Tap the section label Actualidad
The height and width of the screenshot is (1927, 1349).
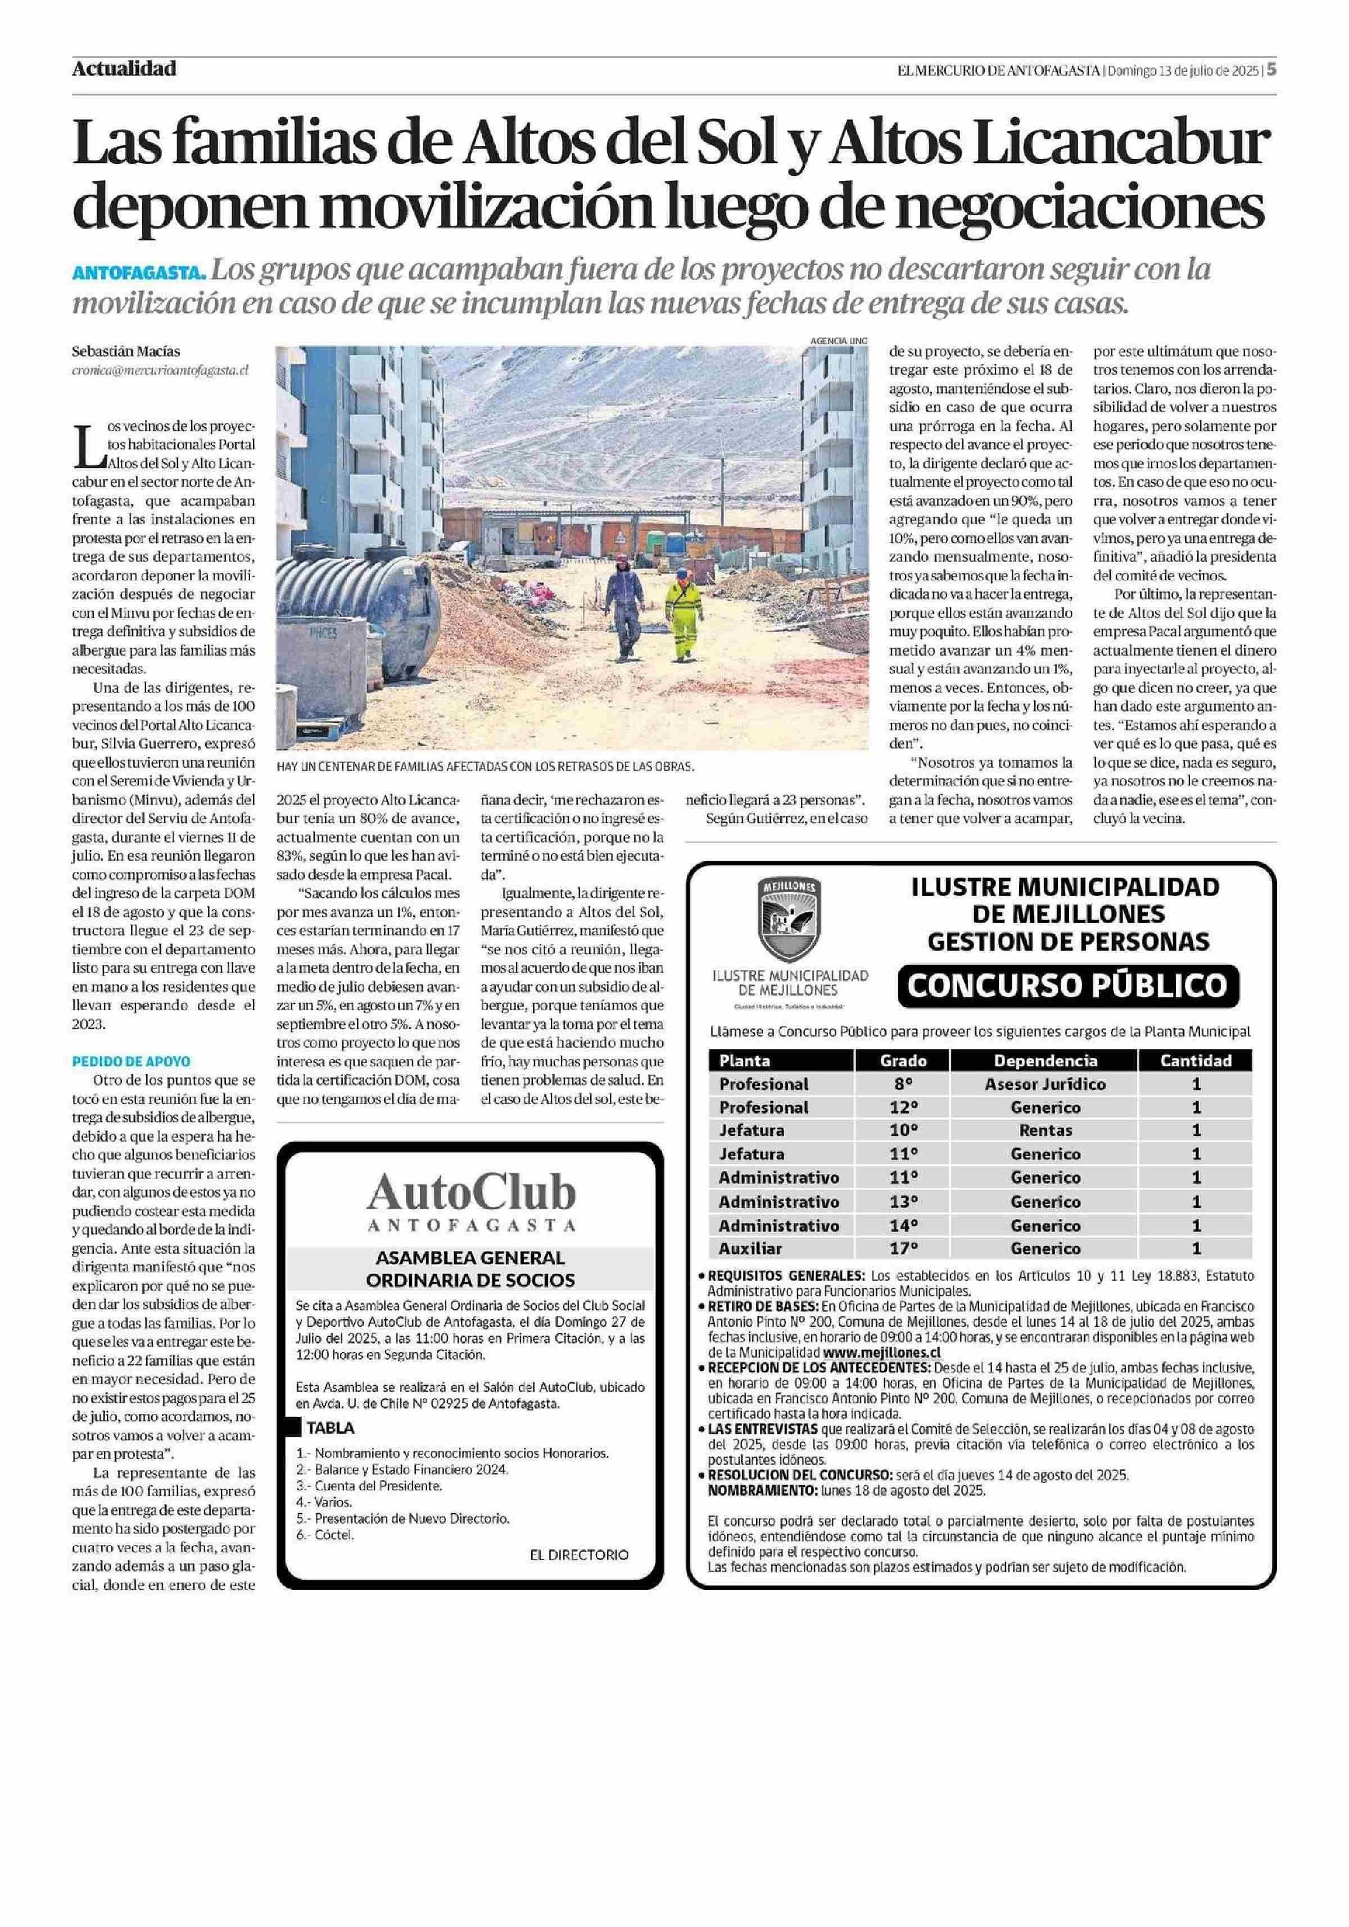124,69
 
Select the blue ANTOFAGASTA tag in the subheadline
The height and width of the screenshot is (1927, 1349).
138,274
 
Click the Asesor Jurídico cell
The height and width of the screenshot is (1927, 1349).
1045,1084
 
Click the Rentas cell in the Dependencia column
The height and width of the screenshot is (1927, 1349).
1045,1130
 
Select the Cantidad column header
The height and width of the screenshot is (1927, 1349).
1196,1060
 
